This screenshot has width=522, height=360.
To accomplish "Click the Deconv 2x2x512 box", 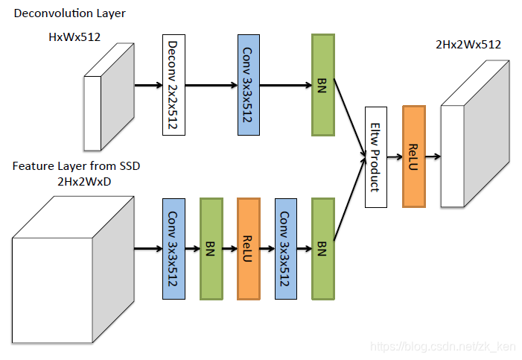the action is point(174,85).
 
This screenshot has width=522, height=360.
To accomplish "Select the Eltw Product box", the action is point(376,157).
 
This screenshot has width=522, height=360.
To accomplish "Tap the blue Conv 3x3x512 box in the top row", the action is point(249,85).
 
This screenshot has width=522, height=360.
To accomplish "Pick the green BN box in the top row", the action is point(323,85).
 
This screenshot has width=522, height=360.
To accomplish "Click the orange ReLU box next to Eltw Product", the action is point(414,157).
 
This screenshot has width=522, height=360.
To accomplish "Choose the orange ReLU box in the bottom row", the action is point(249,249).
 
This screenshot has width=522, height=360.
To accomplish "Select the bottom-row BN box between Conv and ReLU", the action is point(211,249).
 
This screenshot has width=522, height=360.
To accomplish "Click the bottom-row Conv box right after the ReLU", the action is point(286,249).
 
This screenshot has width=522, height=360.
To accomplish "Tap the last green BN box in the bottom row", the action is point(323,249).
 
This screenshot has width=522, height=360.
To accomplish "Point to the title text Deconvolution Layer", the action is point(69,13).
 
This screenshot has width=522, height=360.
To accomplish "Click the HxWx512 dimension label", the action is point(74,37).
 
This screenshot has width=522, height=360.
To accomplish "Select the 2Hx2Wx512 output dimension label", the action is point(468,44).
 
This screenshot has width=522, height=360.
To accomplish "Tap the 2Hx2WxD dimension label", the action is point(84,182).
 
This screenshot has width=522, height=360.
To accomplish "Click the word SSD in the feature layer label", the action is point(130,165).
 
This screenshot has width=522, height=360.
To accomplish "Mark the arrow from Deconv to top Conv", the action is point(211,85).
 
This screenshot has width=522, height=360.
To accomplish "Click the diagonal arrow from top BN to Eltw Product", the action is point(350,118).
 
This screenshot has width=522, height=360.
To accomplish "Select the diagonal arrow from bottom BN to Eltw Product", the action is point(350,198).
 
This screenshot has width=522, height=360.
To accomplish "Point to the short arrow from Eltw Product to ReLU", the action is point(395,157).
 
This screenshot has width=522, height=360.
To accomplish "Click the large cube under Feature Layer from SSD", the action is point(73,270).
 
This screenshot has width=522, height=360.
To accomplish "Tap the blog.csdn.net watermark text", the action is point(443,347).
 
